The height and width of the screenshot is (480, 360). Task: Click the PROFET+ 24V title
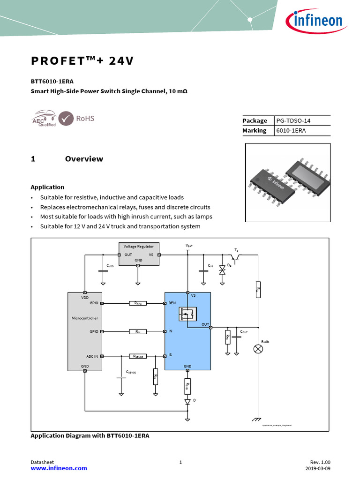[x=82, y=61]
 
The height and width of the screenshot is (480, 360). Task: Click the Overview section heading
[x=84, y=159]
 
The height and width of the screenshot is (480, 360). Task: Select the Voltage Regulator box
[x=138, y=254]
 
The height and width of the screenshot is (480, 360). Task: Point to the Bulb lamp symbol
[x=258, y=349]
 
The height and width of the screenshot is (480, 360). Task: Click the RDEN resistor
[x=138, y=303]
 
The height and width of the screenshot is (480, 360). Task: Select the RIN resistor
[x=138, y=331]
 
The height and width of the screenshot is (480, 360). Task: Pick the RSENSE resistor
[x=138, y=356]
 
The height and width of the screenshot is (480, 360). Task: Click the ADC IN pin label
[x=92, y=356]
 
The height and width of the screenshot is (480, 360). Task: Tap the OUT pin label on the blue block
[x=205, y=324]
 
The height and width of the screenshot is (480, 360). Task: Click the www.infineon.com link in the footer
[x=59, y=468]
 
